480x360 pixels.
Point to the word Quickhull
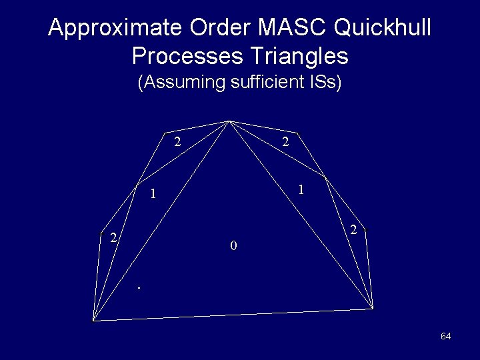(383, 29)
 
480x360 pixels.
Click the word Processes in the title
(187, 56)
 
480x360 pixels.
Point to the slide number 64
(446, 336)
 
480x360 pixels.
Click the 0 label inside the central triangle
(233, 246)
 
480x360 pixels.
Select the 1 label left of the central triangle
(153, 195)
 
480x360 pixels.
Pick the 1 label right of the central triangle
(301, 189)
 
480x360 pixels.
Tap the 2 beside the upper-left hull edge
(177, 141)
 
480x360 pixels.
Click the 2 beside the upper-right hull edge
(285, 141)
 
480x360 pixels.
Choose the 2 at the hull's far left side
(114, 237)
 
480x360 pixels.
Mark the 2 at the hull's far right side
(354, 230)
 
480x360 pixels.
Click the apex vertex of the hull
(229, 121)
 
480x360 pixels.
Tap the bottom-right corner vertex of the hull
(372, 308)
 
